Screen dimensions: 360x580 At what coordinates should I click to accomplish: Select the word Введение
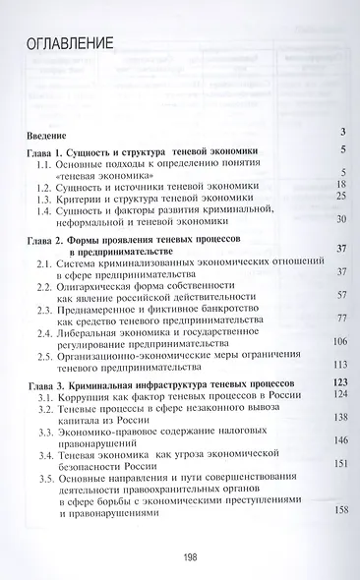[44, 133]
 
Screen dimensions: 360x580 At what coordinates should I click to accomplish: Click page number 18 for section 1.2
[341, 184]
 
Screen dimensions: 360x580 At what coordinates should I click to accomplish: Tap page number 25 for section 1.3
[341, 197]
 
